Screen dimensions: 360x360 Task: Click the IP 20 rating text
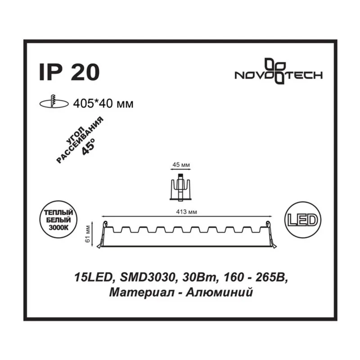69,72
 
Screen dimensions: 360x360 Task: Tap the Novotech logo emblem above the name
275,71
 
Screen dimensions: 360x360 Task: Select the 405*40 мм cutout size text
103,104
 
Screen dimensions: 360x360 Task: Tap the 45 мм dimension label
181,165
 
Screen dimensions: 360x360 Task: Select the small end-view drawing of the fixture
180,187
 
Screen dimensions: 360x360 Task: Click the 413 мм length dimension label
186,211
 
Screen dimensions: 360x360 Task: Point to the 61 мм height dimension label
87,234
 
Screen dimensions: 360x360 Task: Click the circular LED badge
302,220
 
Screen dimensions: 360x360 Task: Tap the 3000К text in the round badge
58,228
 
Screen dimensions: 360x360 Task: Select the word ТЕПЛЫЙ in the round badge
58,212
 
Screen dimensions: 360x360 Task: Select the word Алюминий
219,292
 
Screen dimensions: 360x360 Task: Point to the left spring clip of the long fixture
103,234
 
